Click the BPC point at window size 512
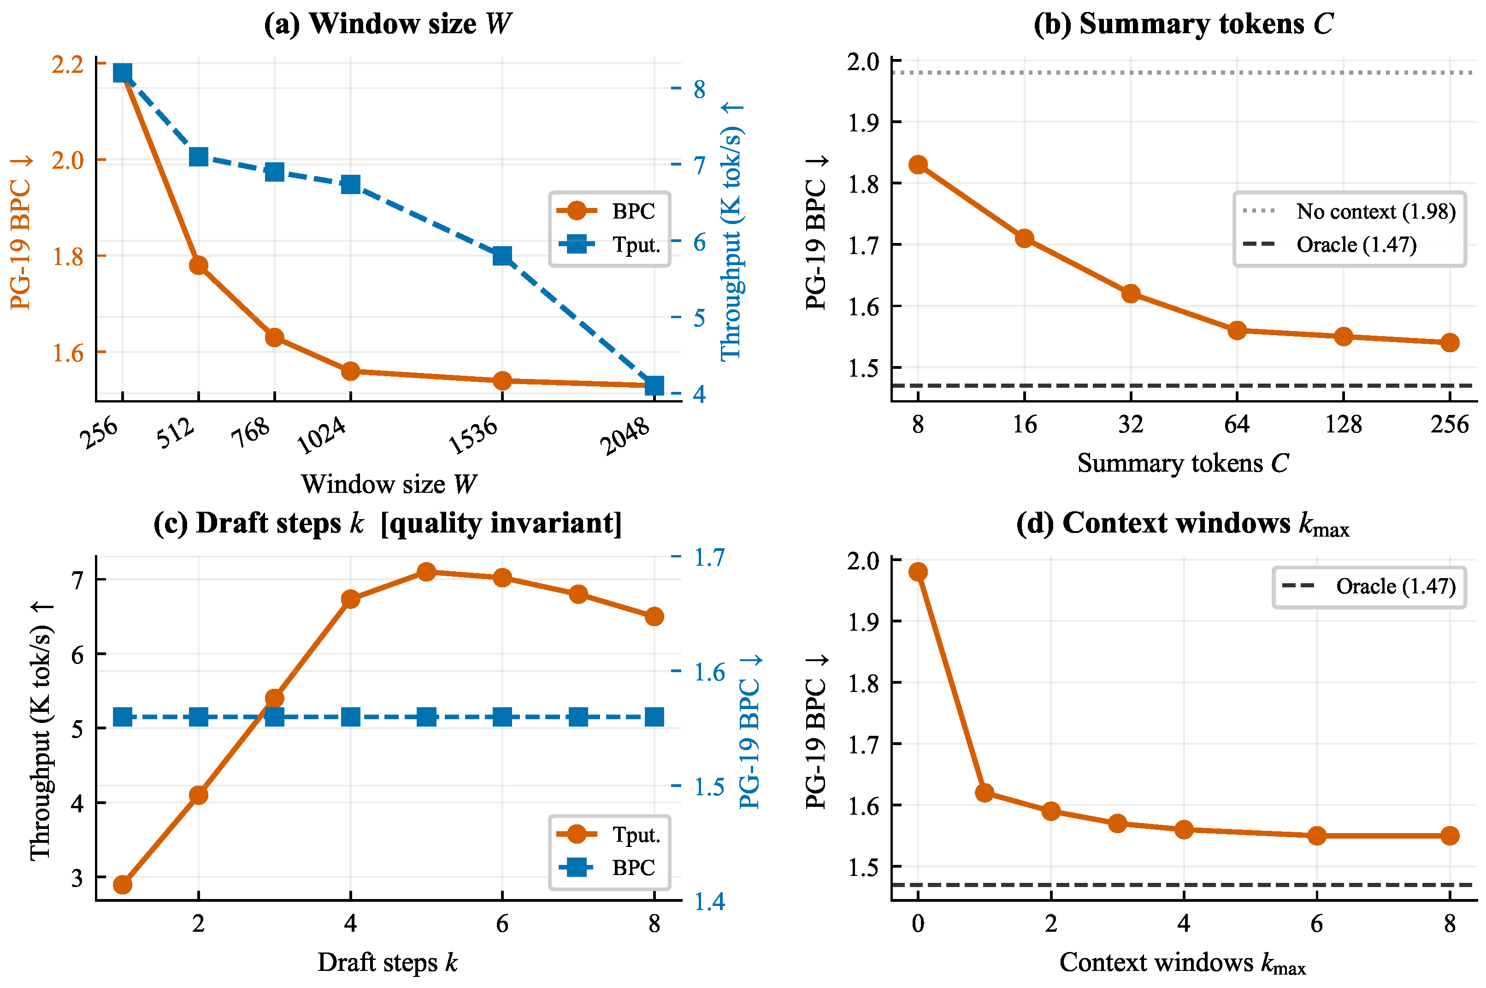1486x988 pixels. [x=199, y=265]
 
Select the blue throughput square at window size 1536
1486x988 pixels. [x=502, y=256]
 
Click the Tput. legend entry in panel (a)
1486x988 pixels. [x=608, y=244]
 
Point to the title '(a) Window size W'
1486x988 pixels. [x=388, y=24]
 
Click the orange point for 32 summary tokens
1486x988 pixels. [x=1131, y=294]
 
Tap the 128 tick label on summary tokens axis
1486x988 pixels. [x=1343, y=424]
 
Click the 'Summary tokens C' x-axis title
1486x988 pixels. [x=1183, y=463]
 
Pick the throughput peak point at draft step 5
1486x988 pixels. [x=426, y=572]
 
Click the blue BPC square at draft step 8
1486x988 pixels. [x=655, y=717]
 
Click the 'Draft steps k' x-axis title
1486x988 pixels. [x=388, y=962]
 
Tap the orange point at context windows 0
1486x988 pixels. [x=918, y=572]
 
